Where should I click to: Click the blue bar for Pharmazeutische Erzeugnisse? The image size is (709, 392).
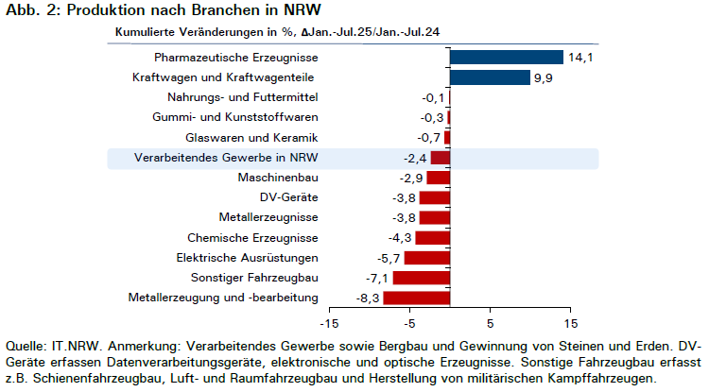tap(507, 58)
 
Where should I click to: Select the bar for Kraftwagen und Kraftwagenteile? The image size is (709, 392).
tap(490, 77)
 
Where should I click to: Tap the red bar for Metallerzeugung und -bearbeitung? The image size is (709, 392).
tap(417, 298)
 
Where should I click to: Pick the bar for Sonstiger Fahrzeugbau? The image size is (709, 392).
tap(422, 278)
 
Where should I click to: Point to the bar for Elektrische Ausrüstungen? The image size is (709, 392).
tap(427, 258)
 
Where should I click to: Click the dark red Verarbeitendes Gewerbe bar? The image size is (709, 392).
tap(441, 158)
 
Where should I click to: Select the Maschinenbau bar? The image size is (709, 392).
tap(438, 178)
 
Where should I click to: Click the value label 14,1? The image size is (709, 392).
tap(580, 58)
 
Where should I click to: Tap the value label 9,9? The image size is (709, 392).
tap(543, 77)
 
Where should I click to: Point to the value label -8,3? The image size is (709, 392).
tap(368, 298)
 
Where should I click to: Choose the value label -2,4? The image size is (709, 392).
tap(415, 158)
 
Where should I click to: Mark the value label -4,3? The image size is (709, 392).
tap(400, 238)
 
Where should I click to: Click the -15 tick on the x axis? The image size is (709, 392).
tap(329, 324)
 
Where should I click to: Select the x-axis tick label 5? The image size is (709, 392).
tap(490, 324)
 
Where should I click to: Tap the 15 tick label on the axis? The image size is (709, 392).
tap(571, 324)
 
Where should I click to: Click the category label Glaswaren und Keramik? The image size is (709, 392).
tap(251, 137)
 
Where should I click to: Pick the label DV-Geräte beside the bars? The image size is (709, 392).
tap(288, 197)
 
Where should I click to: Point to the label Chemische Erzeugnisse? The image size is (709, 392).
tap(252, 238)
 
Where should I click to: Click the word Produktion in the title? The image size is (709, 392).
tap(108, 9)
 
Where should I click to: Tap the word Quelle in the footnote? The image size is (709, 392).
tap(26, 347)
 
